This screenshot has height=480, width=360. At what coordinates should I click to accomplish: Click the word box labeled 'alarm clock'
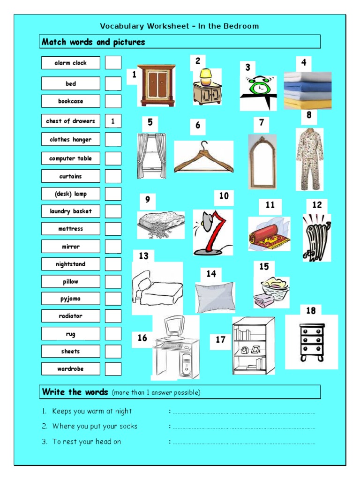click(x=71, y=63)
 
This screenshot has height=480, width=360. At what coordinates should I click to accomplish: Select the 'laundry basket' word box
click(x=71, y=211)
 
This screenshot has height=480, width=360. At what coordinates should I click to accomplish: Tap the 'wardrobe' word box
click(x=71, y=369)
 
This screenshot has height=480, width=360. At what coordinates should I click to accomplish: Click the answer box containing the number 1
click(x=113, y=121)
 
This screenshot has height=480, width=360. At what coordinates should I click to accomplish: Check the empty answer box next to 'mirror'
click(x=113, y=247)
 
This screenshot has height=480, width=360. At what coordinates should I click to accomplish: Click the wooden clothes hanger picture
click(x=204, y=157)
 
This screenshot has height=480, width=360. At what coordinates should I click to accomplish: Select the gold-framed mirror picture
click(x=262, y=162)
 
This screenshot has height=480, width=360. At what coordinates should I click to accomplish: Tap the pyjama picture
click(x=309, y=159)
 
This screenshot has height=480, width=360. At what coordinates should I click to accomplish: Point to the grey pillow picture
click(x=215, y=297)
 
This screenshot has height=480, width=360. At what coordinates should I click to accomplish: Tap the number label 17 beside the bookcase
click(x=220, y=340)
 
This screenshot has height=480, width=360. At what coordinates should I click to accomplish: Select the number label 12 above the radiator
click(x=317, y=205)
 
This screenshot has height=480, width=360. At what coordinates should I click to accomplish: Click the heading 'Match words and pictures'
click(x=94, y=42)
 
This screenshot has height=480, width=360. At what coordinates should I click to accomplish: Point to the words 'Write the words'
click(x=75, y=392)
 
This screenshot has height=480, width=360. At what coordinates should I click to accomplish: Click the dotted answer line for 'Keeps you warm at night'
click(x=244, y=412)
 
